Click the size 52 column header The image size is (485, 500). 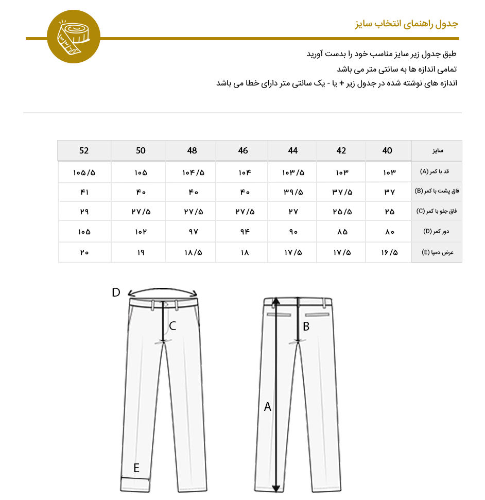pos(84,151)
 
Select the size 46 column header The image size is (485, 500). pos(243,151)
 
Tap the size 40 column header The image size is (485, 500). pos(387,151)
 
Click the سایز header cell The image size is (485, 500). pos(437,151)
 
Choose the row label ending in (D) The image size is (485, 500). pos(437,232)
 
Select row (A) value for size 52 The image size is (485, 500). pos(84,171)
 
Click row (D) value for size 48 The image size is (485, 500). pos(192,232)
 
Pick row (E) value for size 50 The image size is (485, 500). pos(141,252)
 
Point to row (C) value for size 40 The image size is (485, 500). pos(389,212)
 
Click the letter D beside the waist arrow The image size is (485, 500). pos(116,292)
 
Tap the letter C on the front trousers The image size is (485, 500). pos(172,325)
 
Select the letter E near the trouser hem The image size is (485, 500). pos(136,468)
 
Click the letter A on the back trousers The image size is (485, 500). pos(267,407)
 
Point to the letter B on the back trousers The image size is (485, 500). pos(306,325)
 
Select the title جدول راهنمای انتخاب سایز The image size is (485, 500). pos(406,24)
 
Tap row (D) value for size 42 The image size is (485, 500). pos(342,232)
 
